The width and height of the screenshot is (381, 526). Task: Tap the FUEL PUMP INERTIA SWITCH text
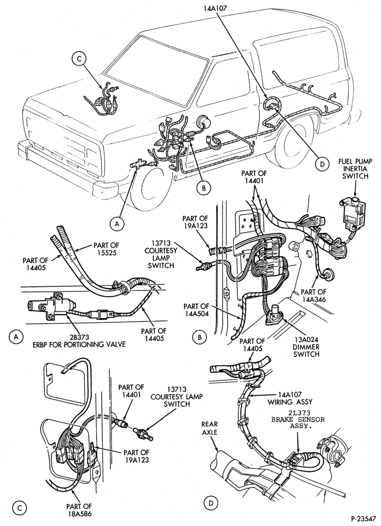click(355, 169)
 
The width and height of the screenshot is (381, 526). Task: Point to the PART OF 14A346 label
click(313, 295)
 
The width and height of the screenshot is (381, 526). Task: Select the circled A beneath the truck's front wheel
click(117, 224)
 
